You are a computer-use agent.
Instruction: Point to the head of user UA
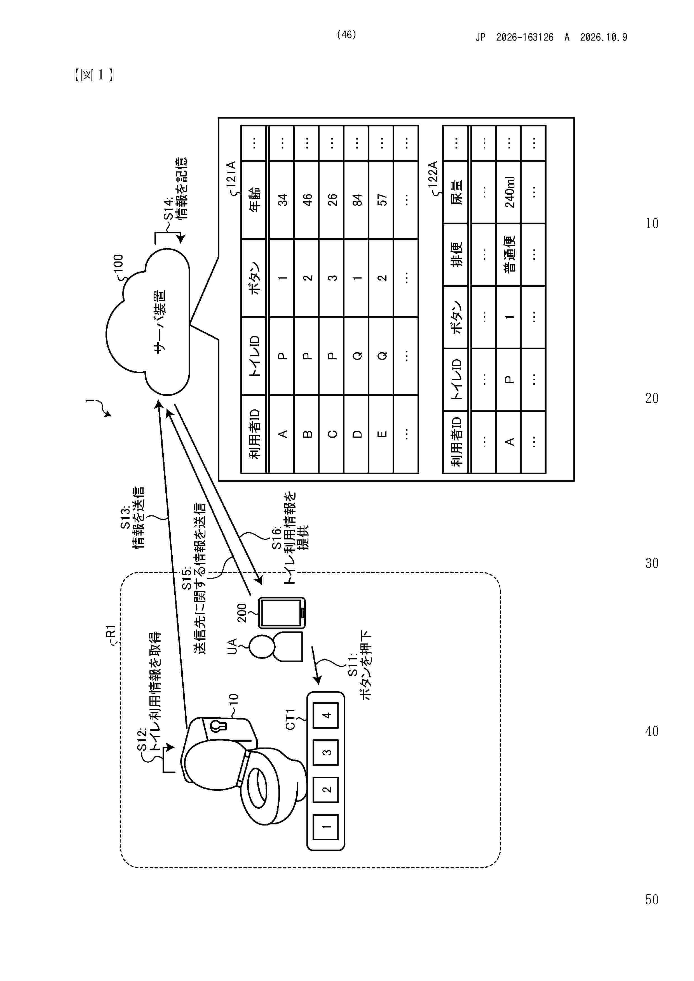tap(262, 647)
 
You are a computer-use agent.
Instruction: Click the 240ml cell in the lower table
tap(508, 192)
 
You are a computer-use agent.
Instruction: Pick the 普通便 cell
tap(508, 255)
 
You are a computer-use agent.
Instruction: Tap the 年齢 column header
tap(254, 200)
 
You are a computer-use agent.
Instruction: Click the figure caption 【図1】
tap(93, 75)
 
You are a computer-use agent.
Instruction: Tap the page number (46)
tap(346, 35)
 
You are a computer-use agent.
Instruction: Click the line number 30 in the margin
tap(652, 563)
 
